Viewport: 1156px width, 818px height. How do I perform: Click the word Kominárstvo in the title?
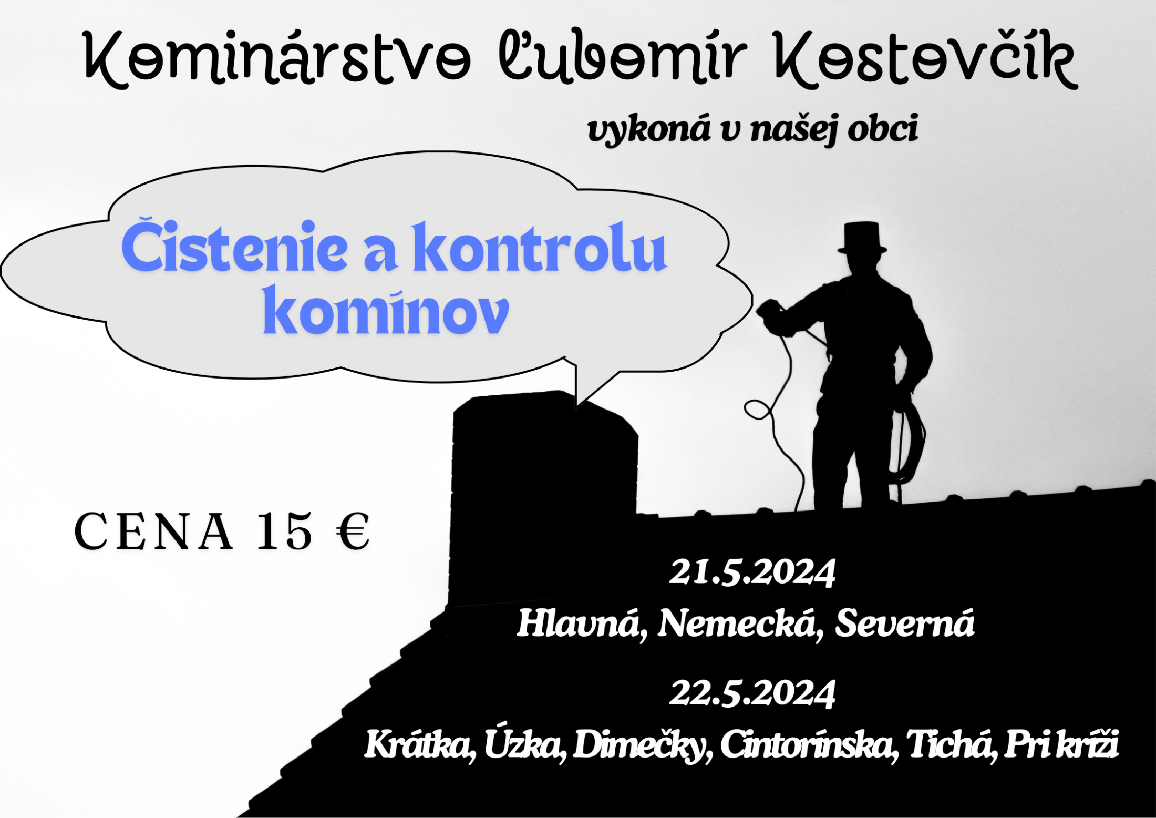(277, 59)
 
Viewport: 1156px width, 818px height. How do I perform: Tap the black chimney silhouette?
(544, 499)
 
